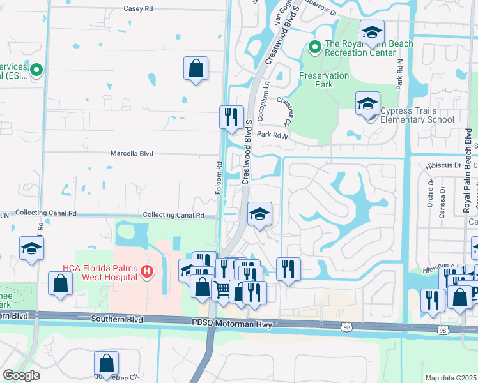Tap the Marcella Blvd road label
click(x=133, y=153)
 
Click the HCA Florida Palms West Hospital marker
click(x=147, y=272)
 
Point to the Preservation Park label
click(x=325, y=80)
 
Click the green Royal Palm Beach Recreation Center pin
click(x=314, y=47)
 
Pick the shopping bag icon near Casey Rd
click(x=196, y=68)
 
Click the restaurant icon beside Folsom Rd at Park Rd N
click(x=231, y=117)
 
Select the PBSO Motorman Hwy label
click(x=232, y=325)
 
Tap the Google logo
click(x=21, y=375)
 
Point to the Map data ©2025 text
click(x=451, y=378)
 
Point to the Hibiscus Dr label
click(x=438, y=165)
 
